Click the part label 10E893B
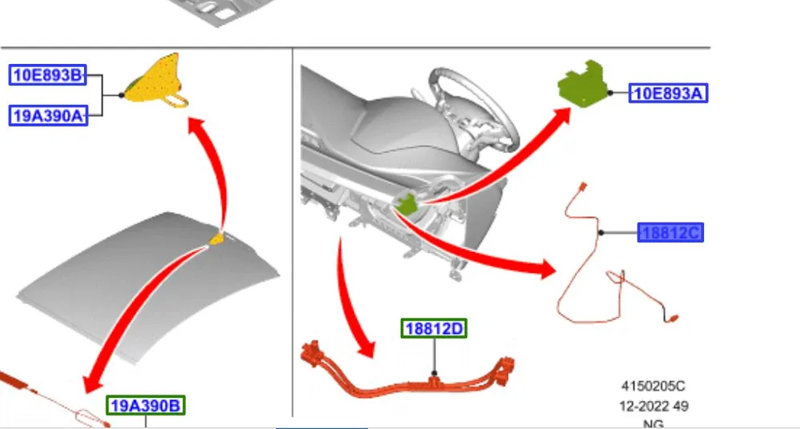click(48, 75)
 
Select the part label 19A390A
click(49, 116)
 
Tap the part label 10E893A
click(668, 93)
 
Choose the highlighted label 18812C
click(670, 233)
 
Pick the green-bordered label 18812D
click(434, 328)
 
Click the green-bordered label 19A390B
click(146, 406)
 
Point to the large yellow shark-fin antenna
click(156, 81)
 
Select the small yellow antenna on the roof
click(217, 238)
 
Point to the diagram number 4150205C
click(653, 386)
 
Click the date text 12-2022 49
click(654, 407)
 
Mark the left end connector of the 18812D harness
click(310, 352)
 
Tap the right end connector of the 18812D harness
click(505, 369)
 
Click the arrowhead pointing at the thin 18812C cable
click(546, 269)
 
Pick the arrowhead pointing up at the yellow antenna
click(197, 126)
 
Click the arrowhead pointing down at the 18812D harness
click(366, 349)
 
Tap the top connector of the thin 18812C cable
click(583, 186)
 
